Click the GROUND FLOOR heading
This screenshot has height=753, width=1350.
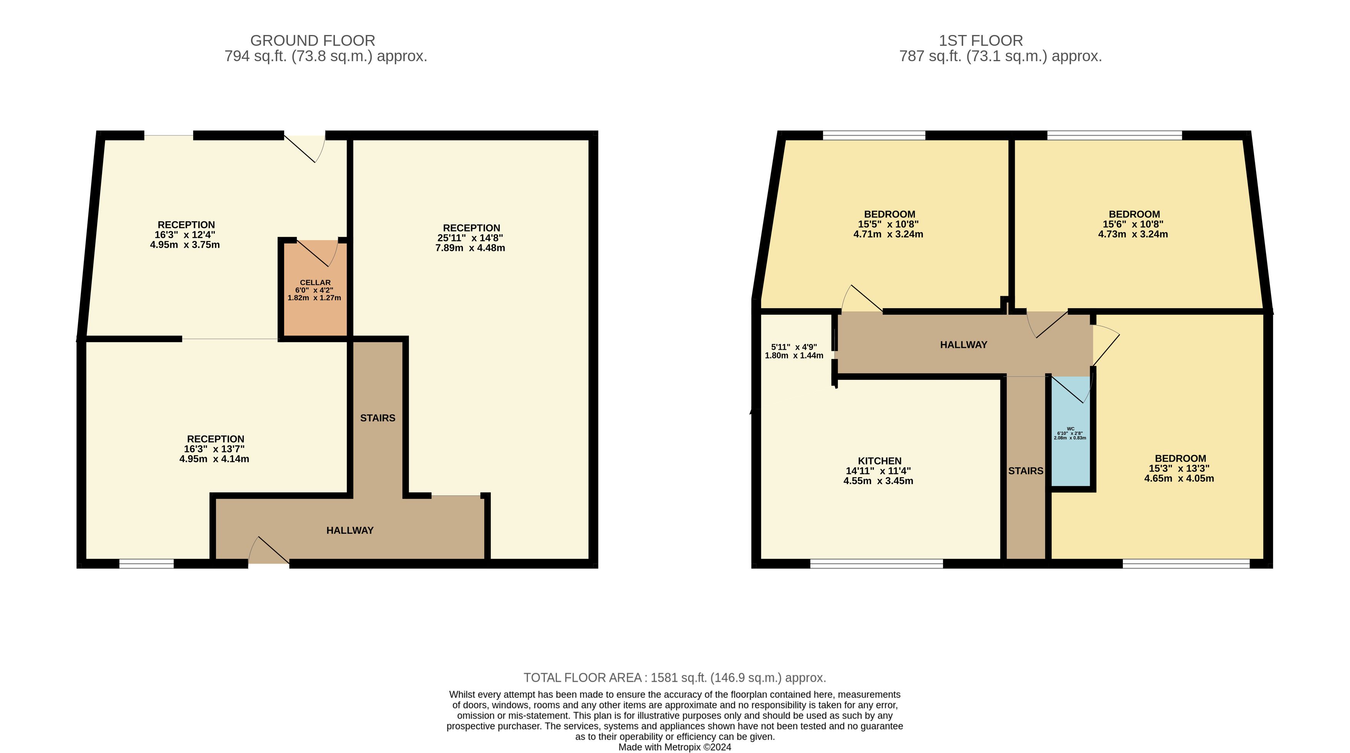[x=313, y=40]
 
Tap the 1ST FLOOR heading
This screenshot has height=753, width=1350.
[x=980, y=40]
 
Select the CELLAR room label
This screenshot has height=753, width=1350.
[x=315, y=282]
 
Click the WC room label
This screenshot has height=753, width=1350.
[x=1070, y=429]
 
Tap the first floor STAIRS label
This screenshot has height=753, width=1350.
[x=1025, y=471]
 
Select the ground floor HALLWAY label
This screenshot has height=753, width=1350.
[x=350, y=530]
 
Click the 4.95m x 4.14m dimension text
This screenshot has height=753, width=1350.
[x=214, y=459]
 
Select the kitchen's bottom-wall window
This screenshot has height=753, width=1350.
[x=877, y=564]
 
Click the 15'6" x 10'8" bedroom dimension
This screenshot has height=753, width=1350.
[x=1133, y=224]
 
